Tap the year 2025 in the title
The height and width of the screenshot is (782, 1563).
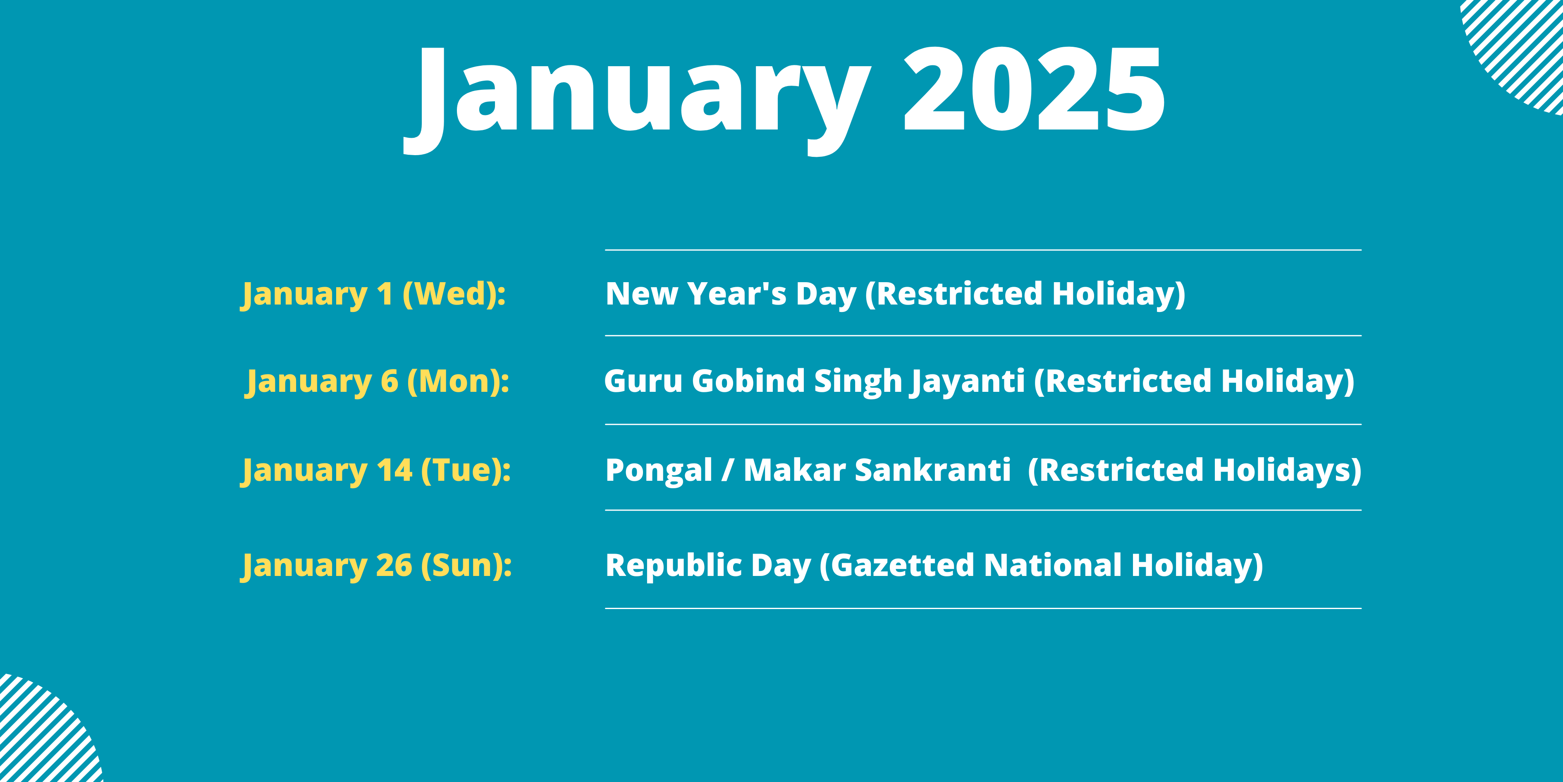1035,89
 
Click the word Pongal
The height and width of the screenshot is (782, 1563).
659,472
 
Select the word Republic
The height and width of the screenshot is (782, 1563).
674,566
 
